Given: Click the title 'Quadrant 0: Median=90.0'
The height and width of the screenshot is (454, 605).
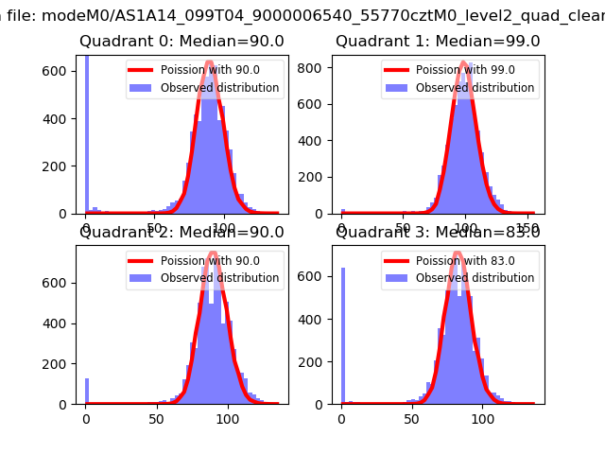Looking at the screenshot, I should click(181, 42).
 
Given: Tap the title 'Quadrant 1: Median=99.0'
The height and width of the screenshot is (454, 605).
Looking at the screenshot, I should click(438, 42).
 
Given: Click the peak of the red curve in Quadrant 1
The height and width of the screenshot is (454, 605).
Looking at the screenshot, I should click(464, 63).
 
